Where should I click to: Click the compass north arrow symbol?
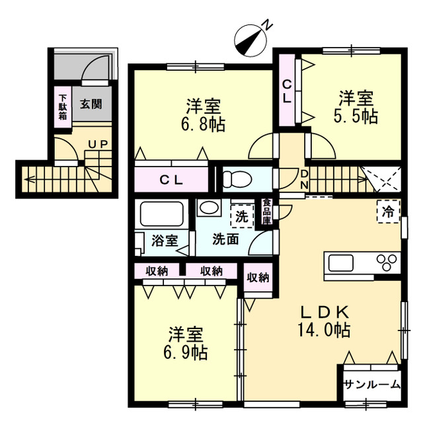click(x=250, y=40)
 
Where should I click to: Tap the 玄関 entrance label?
click(x=92, y=104)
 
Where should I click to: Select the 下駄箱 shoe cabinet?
click(x=63, y=107)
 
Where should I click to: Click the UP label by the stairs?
click(x=98, y=144)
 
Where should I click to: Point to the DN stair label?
click(x=304, y=180)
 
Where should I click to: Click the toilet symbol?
click(x=237, y=178)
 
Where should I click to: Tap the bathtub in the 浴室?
click(x=161, y=213)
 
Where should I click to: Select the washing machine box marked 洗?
click(x=242, y=216)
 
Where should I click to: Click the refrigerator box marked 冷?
click(x=389, y=211)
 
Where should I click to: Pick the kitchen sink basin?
click(x=340, y=262)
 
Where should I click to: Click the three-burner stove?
click(x=387, y=262)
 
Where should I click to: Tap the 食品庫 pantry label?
click(x=267, y=211)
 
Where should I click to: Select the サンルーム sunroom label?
click(x=372, y=384)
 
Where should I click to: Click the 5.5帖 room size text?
click(x=356, y=116)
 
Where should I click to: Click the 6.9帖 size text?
click(x=186, y=352)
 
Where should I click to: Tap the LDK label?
click(x=325, y=313)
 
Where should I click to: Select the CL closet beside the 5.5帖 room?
click(x=287, y=90)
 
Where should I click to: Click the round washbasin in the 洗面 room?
click(x=209, y=208)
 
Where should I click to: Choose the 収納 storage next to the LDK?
click(x=258, y=277)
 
